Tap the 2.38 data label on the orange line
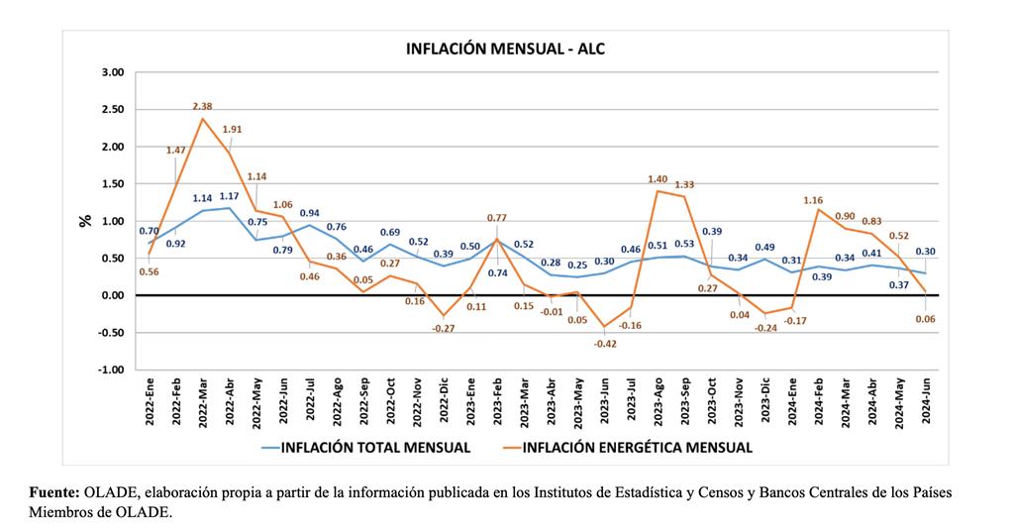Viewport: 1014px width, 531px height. point(203,106)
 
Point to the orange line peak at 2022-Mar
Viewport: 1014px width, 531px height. point(203,119)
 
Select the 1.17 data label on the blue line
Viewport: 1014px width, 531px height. point(230,196)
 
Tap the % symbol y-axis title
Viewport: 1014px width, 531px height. point(84,220)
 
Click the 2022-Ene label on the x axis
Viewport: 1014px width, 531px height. point(151,401)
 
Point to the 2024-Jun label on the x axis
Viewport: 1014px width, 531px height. point(925,401)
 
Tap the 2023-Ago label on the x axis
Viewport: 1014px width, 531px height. point(658,401)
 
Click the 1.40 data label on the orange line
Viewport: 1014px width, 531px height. point(658,179)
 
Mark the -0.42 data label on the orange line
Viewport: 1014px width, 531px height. point(604,344)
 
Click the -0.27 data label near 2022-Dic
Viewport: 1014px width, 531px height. point(443,328)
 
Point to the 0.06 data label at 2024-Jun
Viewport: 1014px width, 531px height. point(925,319)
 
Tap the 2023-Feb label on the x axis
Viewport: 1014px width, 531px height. point(497,401)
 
